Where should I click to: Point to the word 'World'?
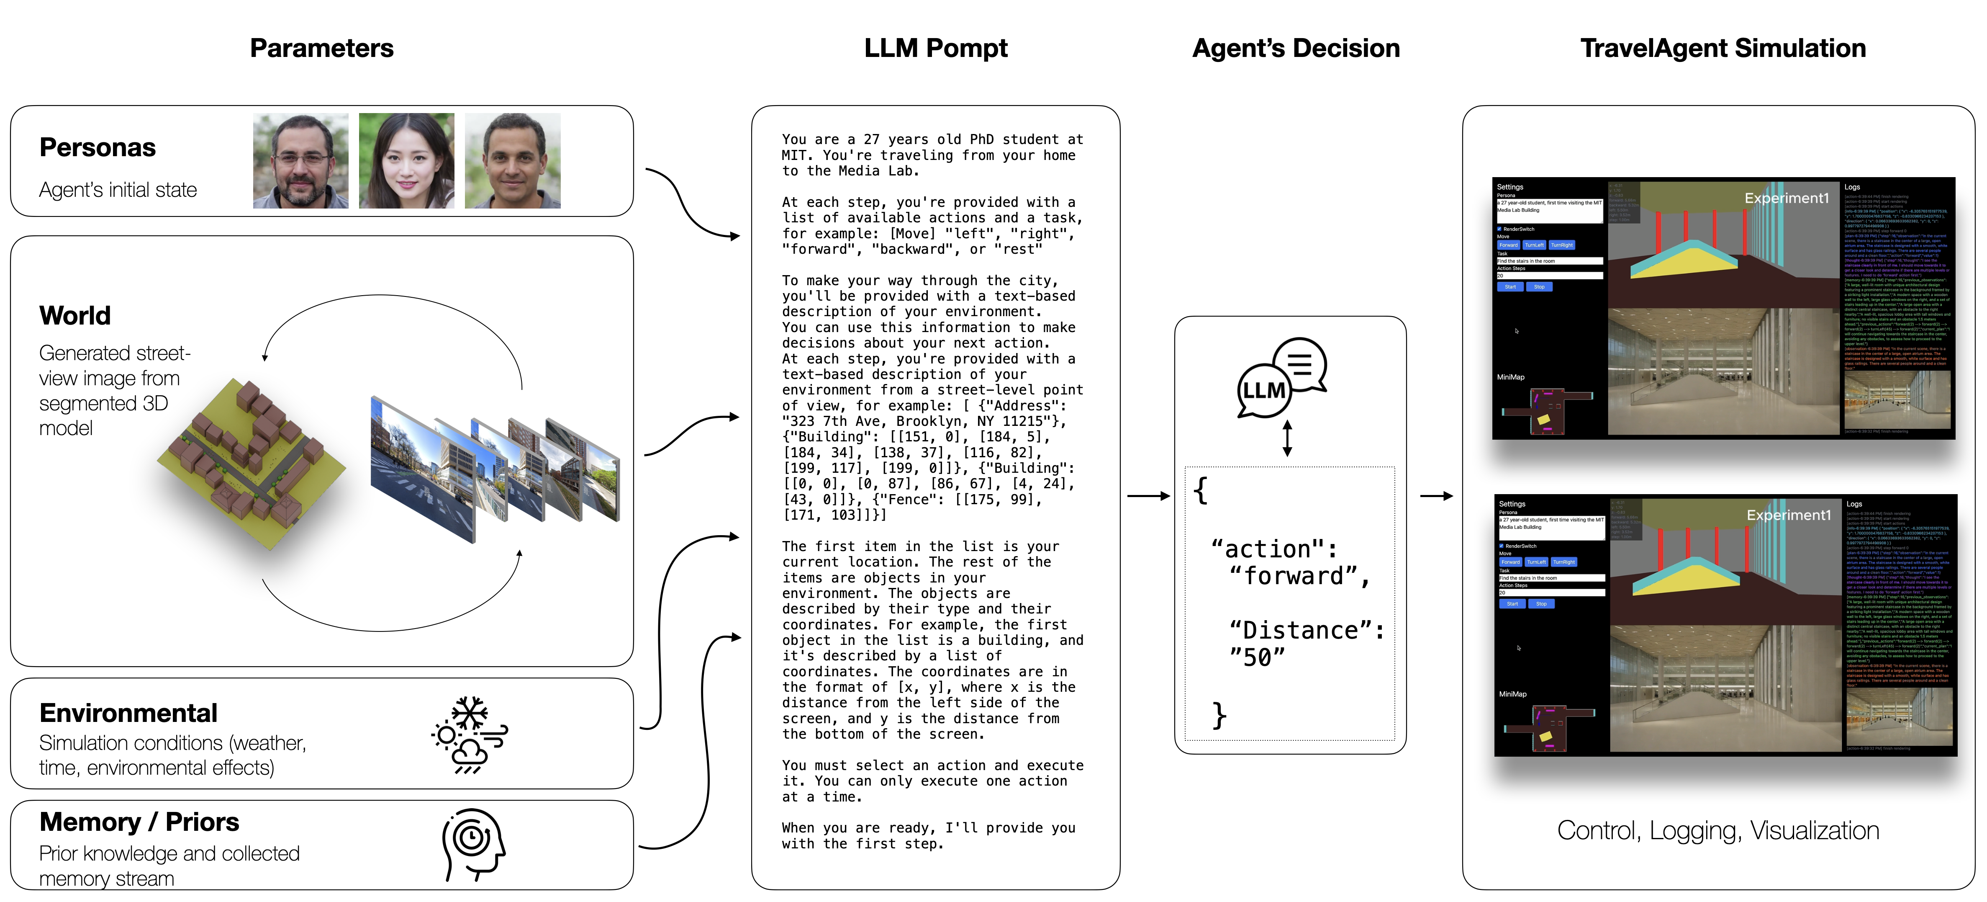coord(75,316)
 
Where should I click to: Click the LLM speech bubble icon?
coord(1282,377)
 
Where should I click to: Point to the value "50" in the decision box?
coord(1257,657)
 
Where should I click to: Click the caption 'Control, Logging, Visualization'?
coord(1718,830)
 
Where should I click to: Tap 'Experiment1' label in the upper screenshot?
coord(1787,198)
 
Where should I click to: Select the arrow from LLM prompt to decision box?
coord(1148,496)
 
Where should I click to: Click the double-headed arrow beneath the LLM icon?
coord(1286,438)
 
